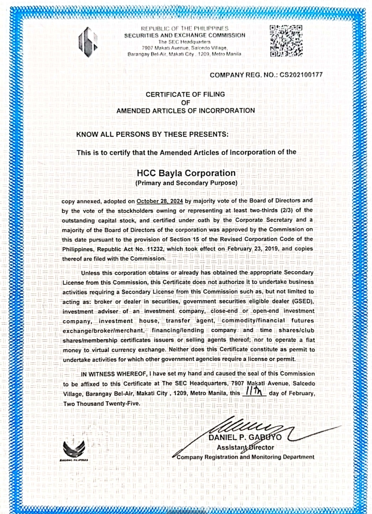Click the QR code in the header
click(x=286, y=41)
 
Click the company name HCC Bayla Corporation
click(x=186, y=173)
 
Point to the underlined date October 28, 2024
click(x=159, y=201)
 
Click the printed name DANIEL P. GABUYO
click(x=245, y=437)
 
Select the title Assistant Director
click(x=245, y=447)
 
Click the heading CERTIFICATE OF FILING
click(x=185, y=94)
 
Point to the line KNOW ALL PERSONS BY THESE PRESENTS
click(x=152, y=134)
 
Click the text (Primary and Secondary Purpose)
click(x=186, y=183)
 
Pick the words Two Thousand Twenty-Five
click(x=102, y=403)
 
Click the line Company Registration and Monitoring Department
click(x=245, y=457)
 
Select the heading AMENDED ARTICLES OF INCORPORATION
click(x=185, y=111)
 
